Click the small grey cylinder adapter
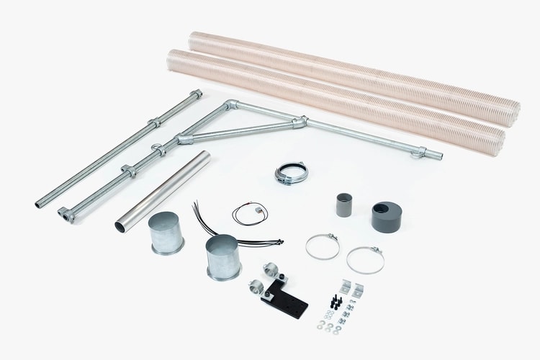[343, 204]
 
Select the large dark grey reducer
[387, 215]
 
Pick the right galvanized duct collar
[222, 257]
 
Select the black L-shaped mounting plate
[287, 297]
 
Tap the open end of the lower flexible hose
[495, 137]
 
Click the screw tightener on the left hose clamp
[328, 236]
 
